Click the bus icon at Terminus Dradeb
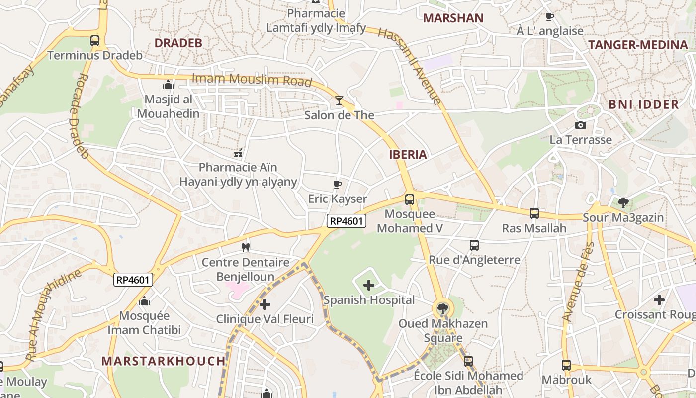(95, 41)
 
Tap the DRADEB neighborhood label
(178, 43)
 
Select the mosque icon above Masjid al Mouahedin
(168, 85)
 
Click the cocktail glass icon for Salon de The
(339, 100)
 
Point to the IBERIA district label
(408, 154)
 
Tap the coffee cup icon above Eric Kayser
(338, 185)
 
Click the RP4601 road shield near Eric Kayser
(346, 221)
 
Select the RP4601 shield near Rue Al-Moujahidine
(133, 280)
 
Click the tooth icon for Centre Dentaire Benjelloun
(245, 247)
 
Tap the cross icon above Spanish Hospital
(369, 285)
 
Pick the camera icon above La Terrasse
(580, 125)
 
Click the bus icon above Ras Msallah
(534, 213)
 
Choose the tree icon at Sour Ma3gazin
(623, 202)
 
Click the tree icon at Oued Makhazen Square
(442, 309)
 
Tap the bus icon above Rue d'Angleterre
(474, 245)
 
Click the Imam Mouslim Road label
(252, 80)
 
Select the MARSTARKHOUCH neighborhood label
(164, 361)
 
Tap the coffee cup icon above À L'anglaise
(549, 17)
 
